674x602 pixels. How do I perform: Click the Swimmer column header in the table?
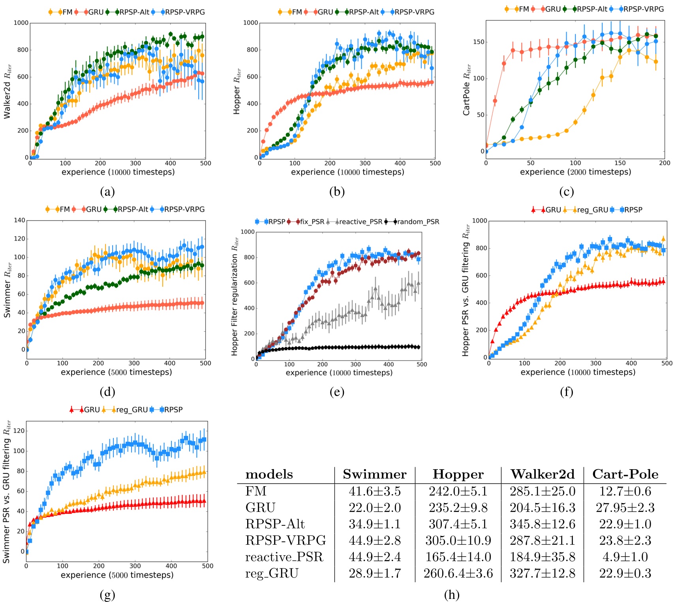click(374, 474)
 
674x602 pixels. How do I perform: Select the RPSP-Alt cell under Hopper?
click(458, 524)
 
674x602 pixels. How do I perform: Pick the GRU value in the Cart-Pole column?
click(625, 508)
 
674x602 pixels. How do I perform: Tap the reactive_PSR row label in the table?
click(284, 557)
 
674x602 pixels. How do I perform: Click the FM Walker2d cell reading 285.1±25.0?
click(542, 491)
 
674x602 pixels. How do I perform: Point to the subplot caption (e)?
click(337, 392)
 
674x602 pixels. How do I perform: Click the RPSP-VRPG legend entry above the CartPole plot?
click(643, 9)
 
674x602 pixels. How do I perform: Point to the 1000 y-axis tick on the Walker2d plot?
click(21, 23)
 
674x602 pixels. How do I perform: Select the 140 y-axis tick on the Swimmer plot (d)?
click(19, 220)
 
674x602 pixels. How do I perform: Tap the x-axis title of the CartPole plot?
click(575, 172)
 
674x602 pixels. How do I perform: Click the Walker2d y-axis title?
click(8, 91)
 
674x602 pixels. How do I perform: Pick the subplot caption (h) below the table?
click(451, 594)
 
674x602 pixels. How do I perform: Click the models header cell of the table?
click(269, 474)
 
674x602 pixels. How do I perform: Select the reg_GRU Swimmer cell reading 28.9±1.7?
click(374, 573)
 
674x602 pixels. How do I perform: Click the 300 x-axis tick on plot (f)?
click(595, 363)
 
